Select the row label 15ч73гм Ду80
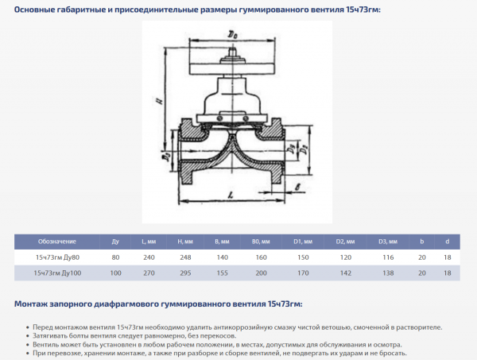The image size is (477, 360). click(56, 257)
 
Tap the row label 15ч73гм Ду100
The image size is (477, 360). click(57, 273)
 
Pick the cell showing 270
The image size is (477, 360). click(149, 273)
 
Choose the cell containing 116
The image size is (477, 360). click(388, 257)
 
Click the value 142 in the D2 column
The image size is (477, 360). click(345, 273)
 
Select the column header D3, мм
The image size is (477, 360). click(388, 241)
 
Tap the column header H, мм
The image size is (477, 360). click(184, 241)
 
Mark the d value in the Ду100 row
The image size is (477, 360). click(448, 273)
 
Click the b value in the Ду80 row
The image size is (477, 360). click(422, 257)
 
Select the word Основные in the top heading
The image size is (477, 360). click(37, 10)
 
